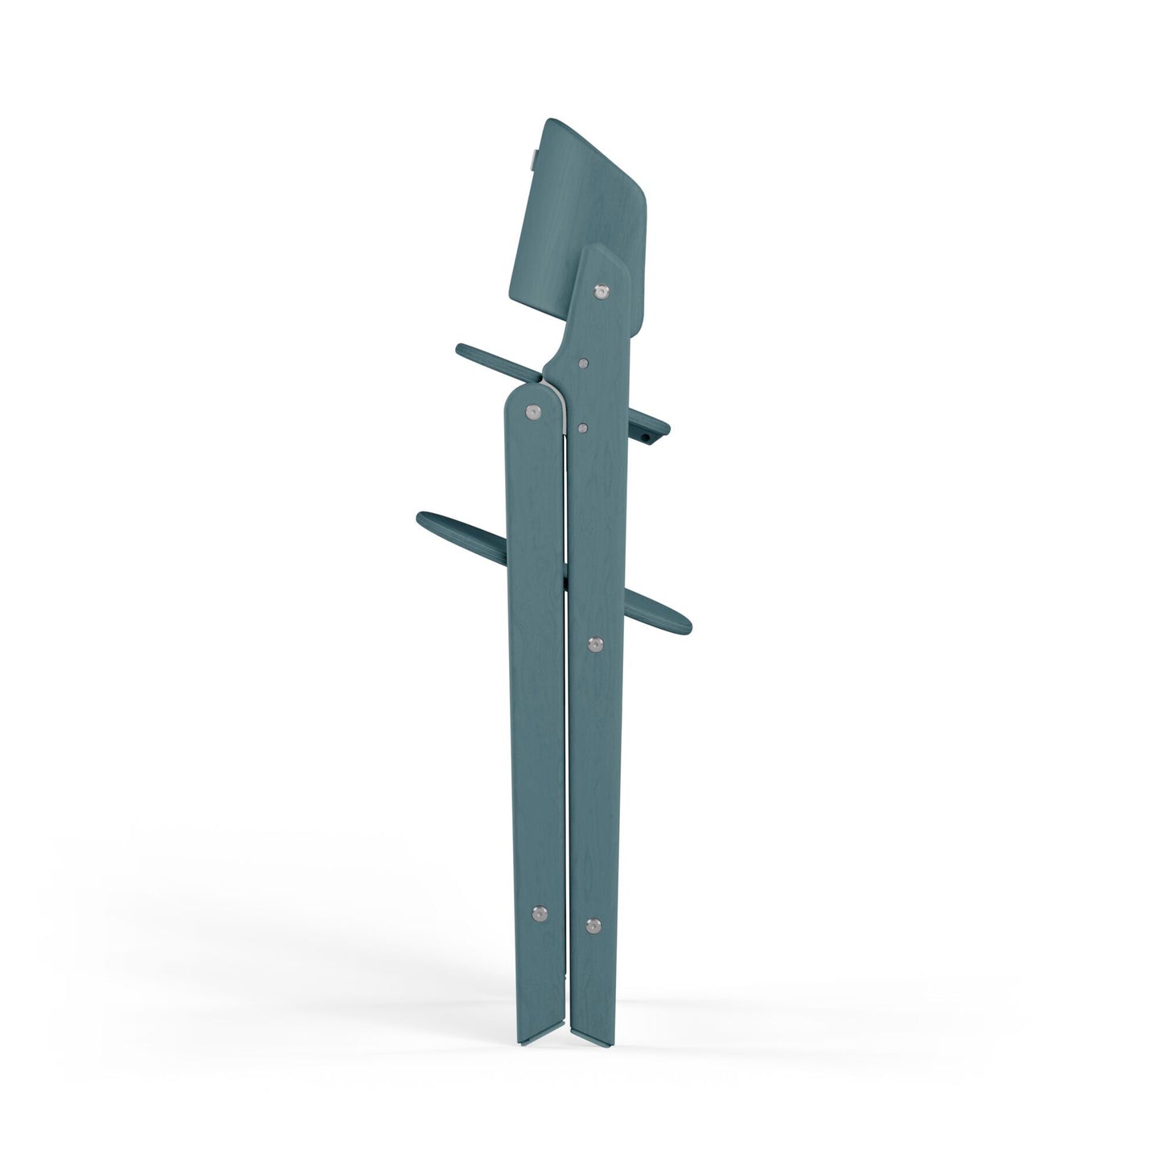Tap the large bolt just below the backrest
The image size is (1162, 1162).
point(601,292)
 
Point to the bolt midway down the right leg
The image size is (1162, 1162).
point(595,643)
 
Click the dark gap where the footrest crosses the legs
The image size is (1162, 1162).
point(566,576)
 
